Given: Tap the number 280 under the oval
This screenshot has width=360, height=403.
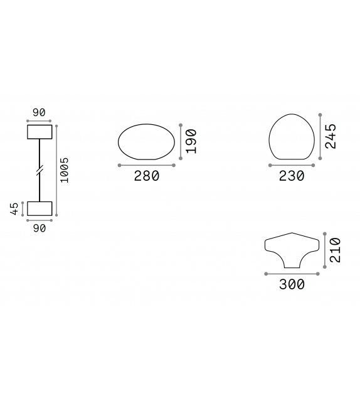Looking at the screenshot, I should pyautogui.click(x=147, y=176).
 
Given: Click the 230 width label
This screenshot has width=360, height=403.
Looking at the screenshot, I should pyautogui.click(x=292, y=176).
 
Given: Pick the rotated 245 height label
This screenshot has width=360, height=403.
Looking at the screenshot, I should pyautogui.click(x=332, y=136).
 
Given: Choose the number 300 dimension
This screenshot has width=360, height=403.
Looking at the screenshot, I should pyautogui.click(x=292, y=284).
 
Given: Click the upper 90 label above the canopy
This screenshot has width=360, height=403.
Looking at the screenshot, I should pyautogui.click(x=39, y=113).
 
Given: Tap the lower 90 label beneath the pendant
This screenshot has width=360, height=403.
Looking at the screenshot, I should pyautogui.click(x=39, y=228).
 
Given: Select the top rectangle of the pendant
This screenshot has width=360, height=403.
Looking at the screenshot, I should pyautogui.click(x=39, y=132).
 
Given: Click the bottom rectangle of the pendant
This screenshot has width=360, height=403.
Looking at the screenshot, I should pyautogui.click(x=39, y=210).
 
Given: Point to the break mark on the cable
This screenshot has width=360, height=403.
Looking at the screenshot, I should pyautogui.click(x=39, y=170).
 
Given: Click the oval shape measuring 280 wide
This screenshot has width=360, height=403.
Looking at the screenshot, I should pyautogui.click(x=147, y=142).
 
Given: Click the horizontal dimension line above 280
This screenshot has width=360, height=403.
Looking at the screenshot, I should pyautogui.click(x=147, y=166).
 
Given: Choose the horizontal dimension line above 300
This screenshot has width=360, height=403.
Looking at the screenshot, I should pyautogui.click(x=292, y=274).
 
